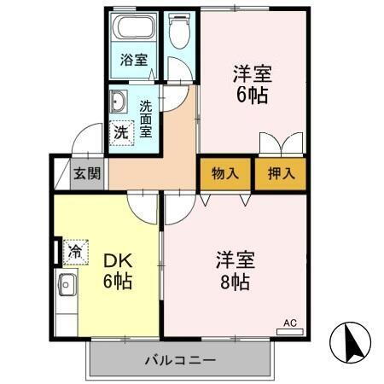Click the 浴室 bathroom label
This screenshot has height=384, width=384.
[133, 61]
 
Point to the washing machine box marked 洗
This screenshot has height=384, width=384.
[121, 132]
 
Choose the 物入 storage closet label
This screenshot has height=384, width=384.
[224, 173]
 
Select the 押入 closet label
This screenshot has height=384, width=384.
[280, 173]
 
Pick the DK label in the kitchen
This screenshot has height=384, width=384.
[116, 258]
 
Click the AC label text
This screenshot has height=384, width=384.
[289, 323]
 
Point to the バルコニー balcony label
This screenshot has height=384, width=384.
[179, 359]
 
